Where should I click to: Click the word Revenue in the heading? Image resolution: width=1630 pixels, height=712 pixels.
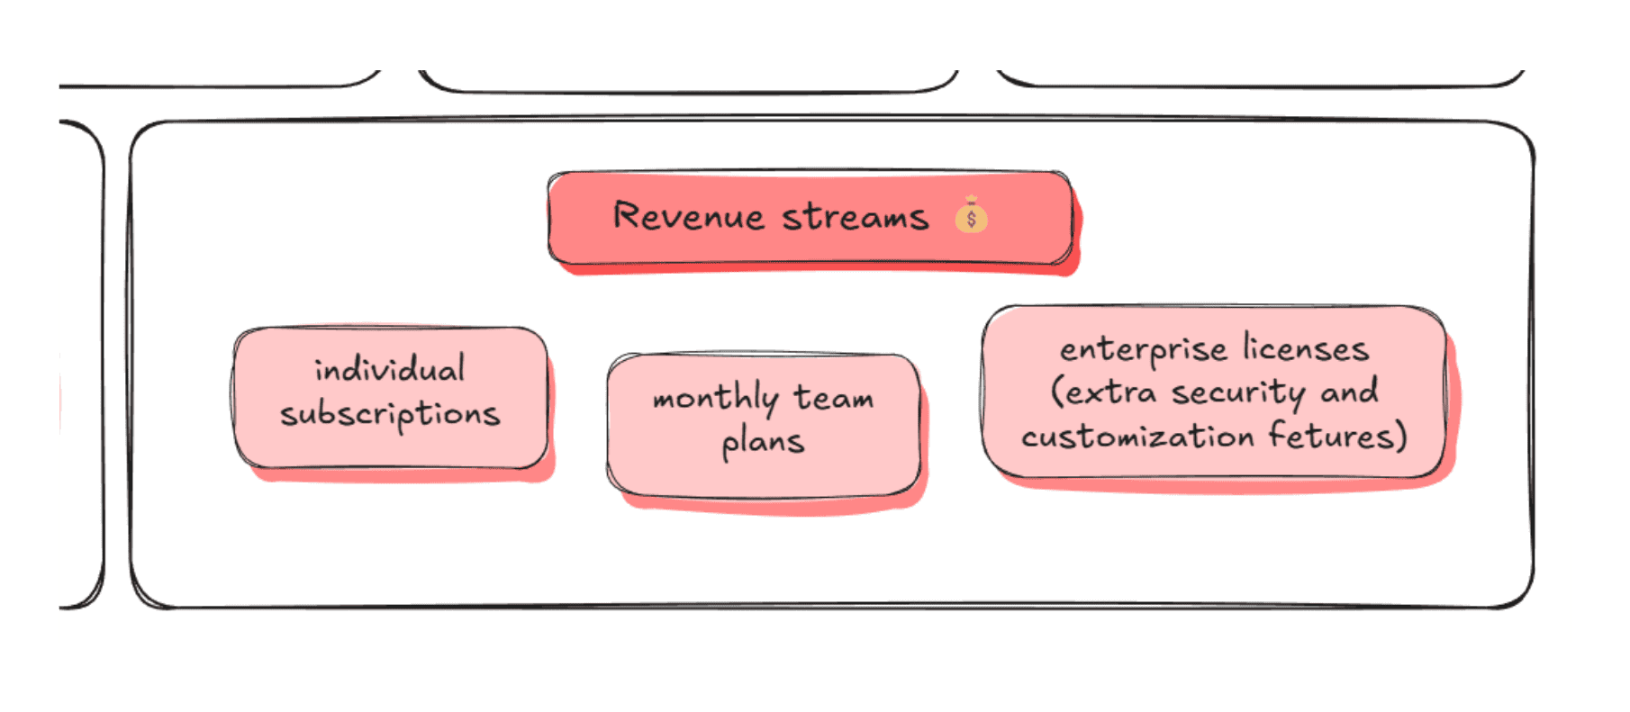pos(688,217)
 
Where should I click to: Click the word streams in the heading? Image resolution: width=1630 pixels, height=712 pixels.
pos(855,218)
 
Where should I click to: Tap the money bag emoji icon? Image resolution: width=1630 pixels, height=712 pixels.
pos(971,216)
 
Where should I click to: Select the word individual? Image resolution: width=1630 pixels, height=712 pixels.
pos(390,369)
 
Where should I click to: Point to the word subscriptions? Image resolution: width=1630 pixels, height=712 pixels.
pos(390,415)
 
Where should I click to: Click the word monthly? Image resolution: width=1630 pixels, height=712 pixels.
pos(715,399)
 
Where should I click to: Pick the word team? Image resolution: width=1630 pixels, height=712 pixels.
pos(833,397)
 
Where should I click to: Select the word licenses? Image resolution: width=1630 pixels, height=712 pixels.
pos(1306,348)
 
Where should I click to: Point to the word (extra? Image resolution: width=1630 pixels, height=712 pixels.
pos(1103,392)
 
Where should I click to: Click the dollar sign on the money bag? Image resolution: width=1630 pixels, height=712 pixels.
pos(971,220)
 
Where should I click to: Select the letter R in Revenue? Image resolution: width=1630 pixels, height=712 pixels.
pos(626,216)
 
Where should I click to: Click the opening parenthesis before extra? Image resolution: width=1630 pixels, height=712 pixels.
pos(1057,392)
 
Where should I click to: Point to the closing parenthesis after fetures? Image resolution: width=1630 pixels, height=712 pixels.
pos(1400,437)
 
